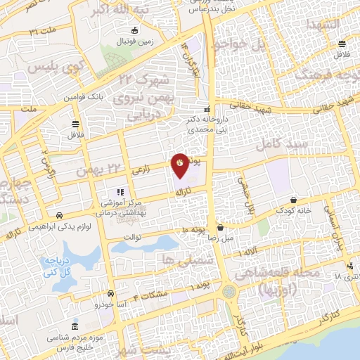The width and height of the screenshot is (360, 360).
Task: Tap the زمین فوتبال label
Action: pos(135,41)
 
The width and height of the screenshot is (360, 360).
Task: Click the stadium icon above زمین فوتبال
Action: pos(135,30)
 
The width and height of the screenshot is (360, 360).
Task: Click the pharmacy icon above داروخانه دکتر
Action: pos(207,110)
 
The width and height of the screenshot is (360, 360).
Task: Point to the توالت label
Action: pos(133,236)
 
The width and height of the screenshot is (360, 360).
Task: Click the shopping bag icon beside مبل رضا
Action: pos(221,227)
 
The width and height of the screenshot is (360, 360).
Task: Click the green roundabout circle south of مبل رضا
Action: pos(229,291)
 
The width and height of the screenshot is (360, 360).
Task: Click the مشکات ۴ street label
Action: pos(155,294)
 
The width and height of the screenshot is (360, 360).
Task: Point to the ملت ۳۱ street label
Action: pos(43,32)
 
